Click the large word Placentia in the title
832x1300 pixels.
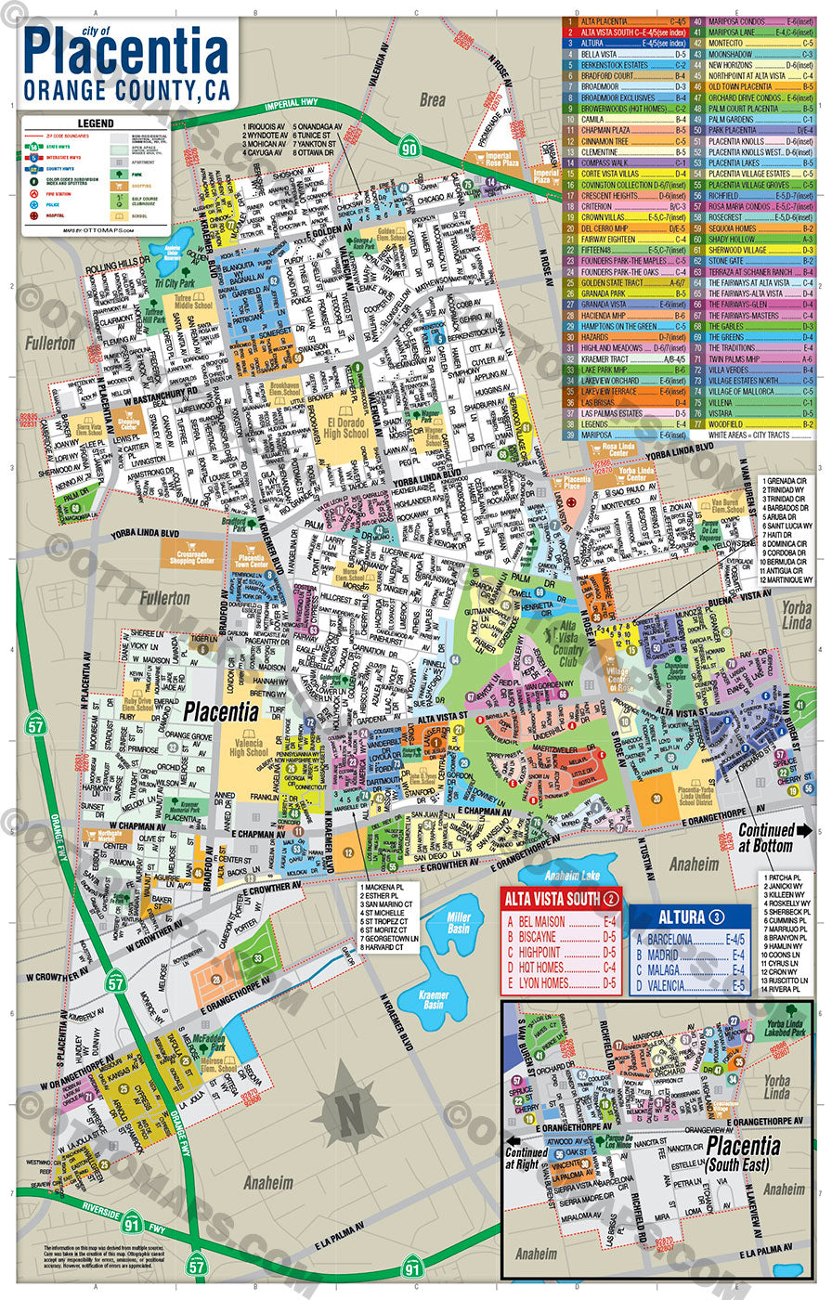tap(125, 56)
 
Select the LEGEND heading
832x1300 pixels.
tap(95, 123)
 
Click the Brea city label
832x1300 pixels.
tap(432, 99)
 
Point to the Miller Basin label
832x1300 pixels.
tap(458, 923)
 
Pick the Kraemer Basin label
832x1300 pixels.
tap(434, 1000)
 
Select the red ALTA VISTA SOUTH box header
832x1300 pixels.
tap(553, 898)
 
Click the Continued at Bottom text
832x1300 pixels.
tap(766, 838)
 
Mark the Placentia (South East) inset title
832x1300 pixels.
tap(742, 1152)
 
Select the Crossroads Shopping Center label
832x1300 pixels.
tap(191, 555)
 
